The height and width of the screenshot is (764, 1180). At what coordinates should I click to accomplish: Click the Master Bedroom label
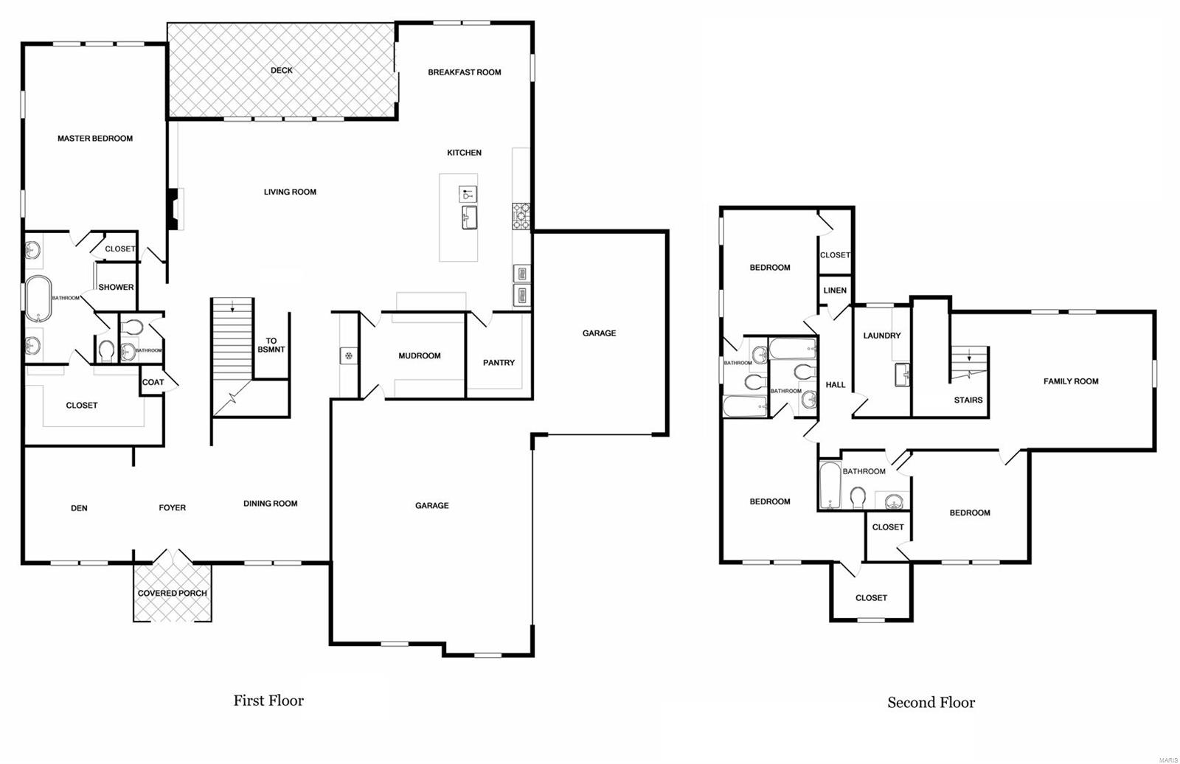pos(95,139)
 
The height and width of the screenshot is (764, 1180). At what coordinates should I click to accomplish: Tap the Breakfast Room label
pos(465,72)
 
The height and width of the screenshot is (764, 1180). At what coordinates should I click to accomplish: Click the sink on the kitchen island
pos(468,218)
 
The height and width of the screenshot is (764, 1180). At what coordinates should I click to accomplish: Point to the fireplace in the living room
pos(173,209)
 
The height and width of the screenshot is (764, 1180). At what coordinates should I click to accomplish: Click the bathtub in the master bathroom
pos(38,298)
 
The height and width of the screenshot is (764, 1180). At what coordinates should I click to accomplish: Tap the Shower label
pos(117,287)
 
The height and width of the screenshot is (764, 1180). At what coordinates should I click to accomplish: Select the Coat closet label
pos(153,382)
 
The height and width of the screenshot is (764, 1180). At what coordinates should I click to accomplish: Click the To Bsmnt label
pos(271,345)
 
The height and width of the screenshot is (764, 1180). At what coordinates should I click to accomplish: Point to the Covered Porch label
pos(173,593)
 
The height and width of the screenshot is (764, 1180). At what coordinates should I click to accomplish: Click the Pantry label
pos(499,363)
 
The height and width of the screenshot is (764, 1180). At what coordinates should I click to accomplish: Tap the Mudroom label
pos(420,355)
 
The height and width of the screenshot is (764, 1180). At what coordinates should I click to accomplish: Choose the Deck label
pos(282,71)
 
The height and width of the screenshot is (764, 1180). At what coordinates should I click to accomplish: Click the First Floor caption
pos(268,701)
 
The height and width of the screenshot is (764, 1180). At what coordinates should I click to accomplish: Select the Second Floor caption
pos(931,703)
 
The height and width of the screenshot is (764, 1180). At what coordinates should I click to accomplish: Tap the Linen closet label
pos(835,291)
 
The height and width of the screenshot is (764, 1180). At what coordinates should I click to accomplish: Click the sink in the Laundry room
pos(903,374)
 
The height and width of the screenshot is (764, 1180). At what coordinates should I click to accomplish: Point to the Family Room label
pos(1071,381)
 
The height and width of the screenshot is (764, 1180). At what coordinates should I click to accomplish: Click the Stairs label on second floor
pos(968,400)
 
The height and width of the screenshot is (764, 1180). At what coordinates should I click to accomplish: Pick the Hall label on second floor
pos(836,385)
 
